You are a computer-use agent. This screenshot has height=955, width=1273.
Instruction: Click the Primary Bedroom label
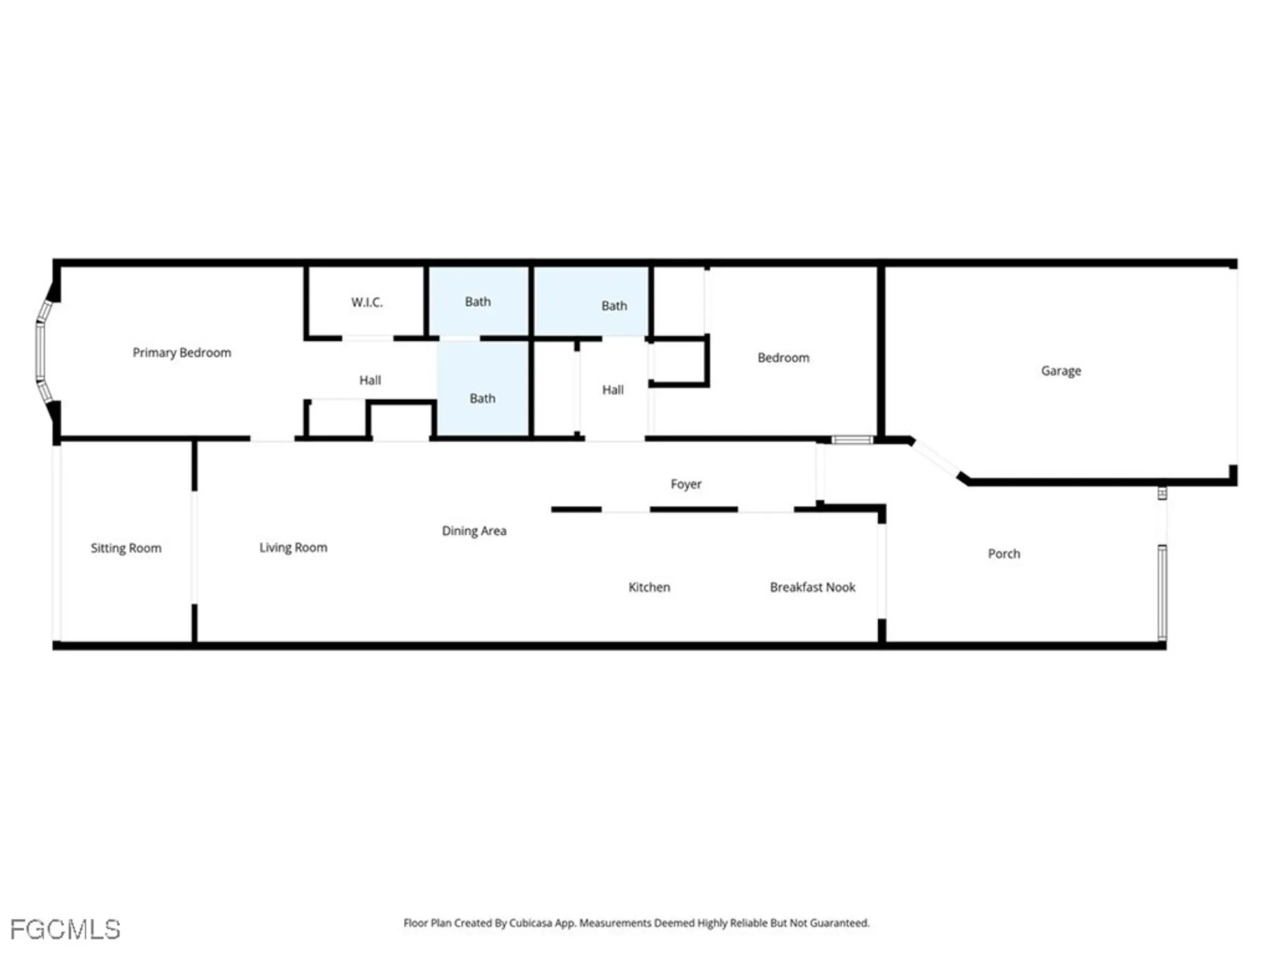coord(181,353)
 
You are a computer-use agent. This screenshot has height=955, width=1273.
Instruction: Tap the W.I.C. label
coord(367,302)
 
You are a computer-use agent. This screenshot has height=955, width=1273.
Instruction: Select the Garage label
coord(1060,371)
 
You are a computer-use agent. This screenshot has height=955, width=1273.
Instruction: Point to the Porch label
coord(1004,554)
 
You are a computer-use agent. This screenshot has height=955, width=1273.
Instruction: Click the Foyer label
coord(686,485)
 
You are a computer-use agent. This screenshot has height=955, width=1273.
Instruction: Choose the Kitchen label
coord(649,587)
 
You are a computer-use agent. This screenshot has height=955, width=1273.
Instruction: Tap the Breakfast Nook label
coord(812,587)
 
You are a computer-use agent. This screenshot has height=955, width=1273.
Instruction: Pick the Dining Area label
coord(474,531)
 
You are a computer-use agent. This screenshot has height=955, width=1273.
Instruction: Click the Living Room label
coord(293,548)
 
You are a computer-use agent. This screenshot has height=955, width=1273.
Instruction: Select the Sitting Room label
coord(125,548)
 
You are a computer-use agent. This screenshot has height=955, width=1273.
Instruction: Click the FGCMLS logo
coord(65,930)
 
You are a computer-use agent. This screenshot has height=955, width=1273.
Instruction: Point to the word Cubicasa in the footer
coord(530,923)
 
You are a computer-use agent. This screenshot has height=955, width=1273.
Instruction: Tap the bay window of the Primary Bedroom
coord(41,351)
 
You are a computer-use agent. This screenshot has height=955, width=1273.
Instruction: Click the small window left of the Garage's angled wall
coord(852,440)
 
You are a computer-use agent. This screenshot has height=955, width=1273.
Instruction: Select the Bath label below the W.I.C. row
coord(482,399)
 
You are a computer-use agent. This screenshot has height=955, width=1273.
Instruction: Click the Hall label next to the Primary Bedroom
coord(370,381)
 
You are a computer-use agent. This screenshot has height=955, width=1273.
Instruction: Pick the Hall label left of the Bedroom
coord(612,390)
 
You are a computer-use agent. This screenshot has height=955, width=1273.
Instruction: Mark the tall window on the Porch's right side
coord(1162,592)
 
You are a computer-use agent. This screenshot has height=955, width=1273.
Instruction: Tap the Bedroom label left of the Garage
coord(783,358)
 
